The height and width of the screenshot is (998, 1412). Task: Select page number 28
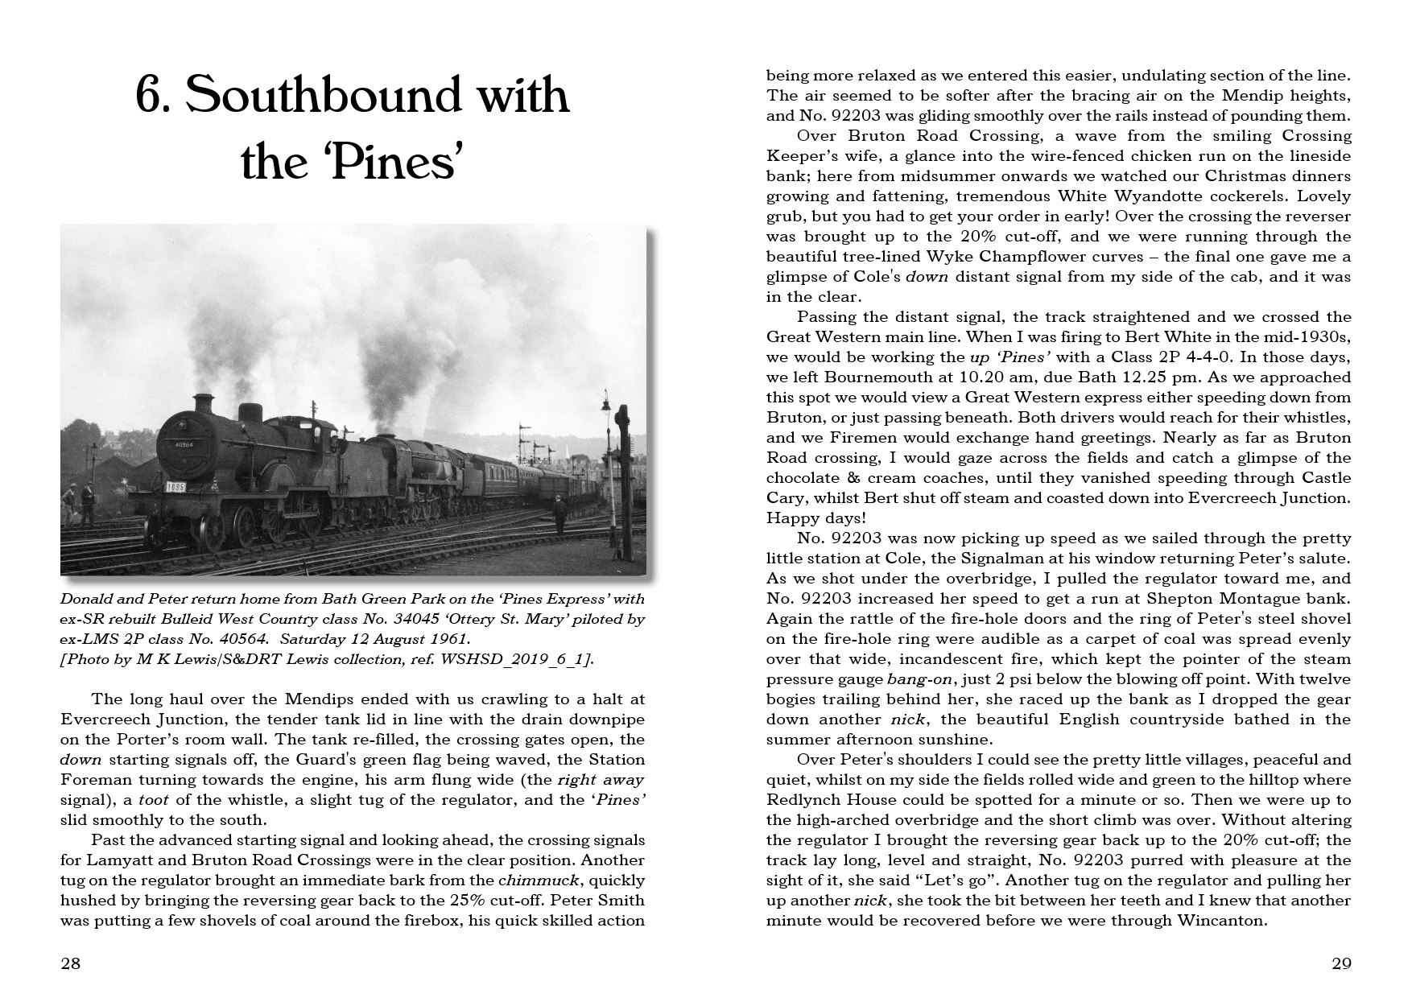click(x=71, y=963)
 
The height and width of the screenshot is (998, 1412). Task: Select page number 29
click(x=1341, y=963)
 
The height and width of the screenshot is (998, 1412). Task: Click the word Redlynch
click(x=807, y=800)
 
